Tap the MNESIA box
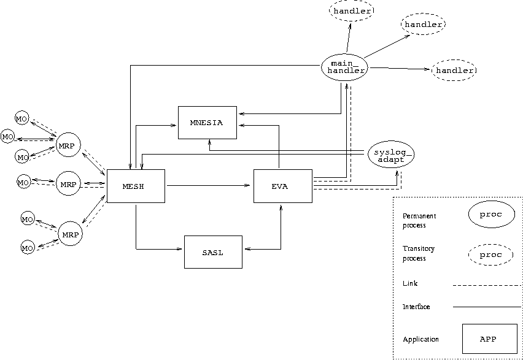(x=207, y=123)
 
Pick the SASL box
(x=213, y=252)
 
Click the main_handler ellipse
(x=344, y=66)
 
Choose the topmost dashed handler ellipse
(x=352, y=10)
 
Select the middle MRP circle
(x=68, y=184)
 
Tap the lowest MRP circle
(x=70, y=234)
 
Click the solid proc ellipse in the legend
(x=490, y=214)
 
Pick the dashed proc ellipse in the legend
(x=490, y=255)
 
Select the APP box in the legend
(x=489, y=339)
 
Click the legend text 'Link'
(x=410, y=283)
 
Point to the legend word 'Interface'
(x=416, y=307)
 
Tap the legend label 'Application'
(x=421, y=339)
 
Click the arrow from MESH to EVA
(x=209, y=185)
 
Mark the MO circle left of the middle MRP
(x=23, y=182)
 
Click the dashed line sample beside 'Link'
(x=486, y=285)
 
